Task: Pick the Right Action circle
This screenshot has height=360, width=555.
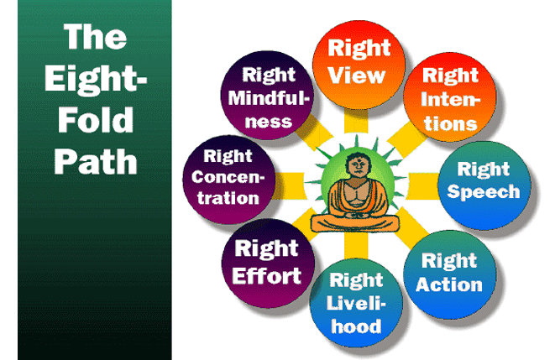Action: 448,272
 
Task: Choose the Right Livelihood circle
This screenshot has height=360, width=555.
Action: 355,302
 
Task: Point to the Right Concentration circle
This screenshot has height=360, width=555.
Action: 225,179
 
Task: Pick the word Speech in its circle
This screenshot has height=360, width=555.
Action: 483,190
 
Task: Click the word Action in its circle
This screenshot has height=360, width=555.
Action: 448,284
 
